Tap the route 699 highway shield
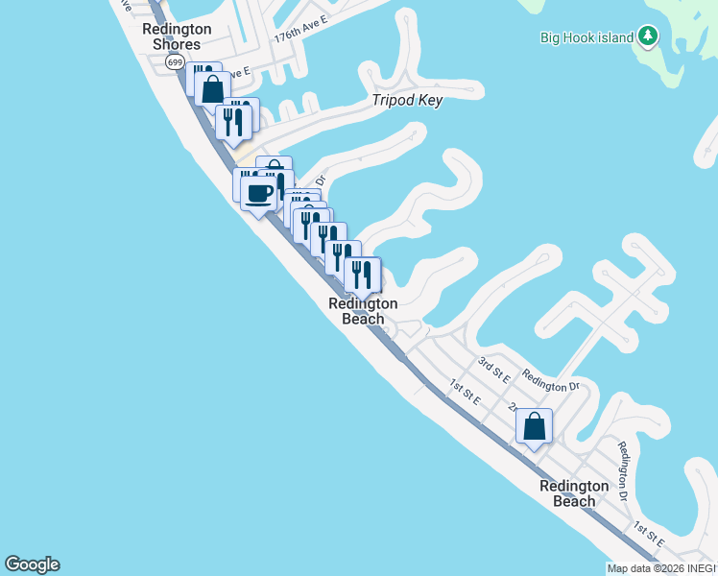(174, 61)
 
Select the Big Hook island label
(586, 37)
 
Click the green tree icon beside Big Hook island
(649, 36)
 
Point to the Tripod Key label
(408, 101)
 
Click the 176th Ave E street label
(300, 35)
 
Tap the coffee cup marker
(258, 194)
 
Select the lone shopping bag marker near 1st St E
(534, 425)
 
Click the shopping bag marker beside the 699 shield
(212, 88)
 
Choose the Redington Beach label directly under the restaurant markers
(363, 311)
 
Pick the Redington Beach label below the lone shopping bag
(574, 493)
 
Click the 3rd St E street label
(494, 367)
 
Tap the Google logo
(32, 564)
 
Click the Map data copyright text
(661, 568)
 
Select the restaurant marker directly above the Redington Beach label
(362, 276)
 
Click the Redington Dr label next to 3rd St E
(551, 381)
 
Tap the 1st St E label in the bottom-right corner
(650, 534)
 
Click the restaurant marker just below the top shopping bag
(233, 122)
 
